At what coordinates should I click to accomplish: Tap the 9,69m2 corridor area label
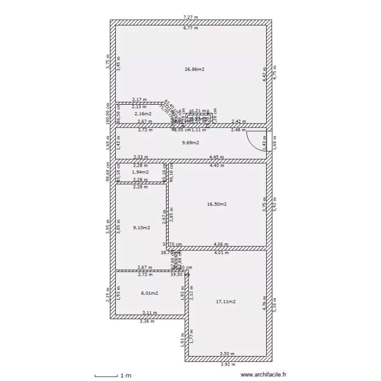(190, 143)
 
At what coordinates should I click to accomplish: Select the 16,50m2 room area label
(217, 204)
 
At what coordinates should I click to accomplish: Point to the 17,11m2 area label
(226, 301)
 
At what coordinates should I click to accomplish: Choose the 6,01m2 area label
(149, 293)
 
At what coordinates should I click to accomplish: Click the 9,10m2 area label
(141, 228)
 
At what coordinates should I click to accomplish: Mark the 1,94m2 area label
(140, 172)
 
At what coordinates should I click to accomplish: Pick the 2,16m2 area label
(143, 114)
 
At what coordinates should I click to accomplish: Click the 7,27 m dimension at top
(190, 17)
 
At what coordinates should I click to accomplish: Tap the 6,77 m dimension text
(190, 28)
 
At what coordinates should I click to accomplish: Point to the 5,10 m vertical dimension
(275, 303)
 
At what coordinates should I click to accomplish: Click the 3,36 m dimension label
(147, 321)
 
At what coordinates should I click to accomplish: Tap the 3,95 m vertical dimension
(108, 225)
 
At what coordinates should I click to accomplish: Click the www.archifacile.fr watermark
(263, 375)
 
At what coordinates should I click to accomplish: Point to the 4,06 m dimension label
(221, 244)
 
